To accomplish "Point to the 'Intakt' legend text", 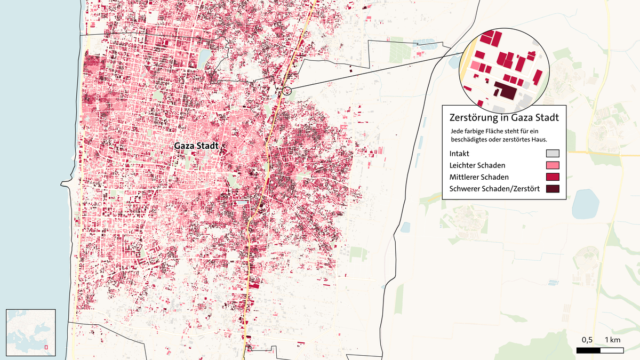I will [x=459, y=154].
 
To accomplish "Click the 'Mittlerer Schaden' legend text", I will [x=479, y=177].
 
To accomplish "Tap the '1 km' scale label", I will [x=612, y=340].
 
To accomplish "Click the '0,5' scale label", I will [x=587, y=340].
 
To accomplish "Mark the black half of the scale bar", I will [x=588, y=350].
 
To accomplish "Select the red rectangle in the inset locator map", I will [x=46, y=347].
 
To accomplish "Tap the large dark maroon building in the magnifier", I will [x=505, y=91].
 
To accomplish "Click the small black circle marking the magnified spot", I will [x=286, y=90].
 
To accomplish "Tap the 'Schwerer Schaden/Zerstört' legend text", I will [x=495, y=189].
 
